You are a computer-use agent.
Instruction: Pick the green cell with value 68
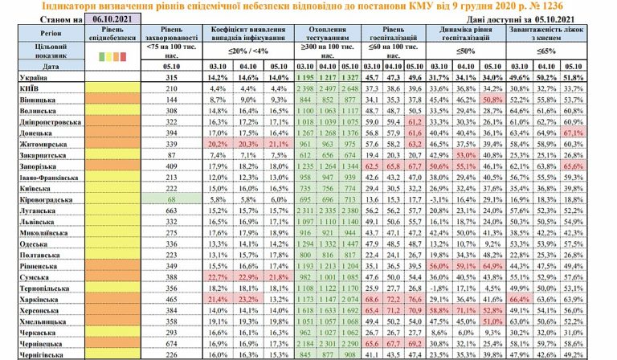pyautogui.click(x=169, y=195)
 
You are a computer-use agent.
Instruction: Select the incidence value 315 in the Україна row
pyautogui.click(x=169, y=77)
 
